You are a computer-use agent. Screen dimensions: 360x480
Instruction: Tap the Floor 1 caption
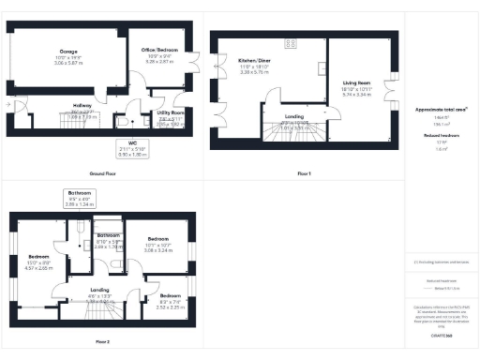[x=304, y=174]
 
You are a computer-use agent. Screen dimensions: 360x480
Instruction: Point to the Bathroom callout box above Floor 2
[x=82, y=197]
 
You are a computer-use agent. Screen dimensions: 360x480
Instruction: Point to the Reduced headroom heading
[x=441, y=135]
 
